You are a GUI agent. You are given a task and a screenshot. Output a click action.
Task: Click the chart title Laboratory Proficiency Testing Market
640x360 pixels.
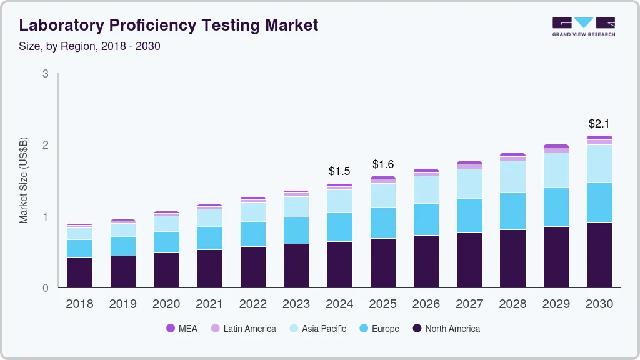[x=169, y=25]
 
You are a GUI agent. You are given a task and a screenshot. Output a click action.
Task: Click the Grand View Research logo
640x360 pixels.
[x=583, y=27]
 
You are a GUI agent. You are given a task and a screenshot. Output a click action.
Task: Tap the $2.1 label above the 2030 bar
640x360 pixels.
[x=599, y=124]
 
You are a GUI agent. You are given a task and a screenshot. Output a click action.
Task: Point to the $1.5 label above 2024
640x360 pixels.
[x=339, y=171]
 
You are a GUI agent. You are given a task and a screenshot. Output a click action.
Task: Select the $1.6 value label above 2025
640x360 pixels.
[x=383, y=164]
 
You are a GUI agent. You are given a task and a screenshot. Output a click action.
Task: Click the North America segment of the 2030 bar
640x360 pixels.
[x=599, y=255]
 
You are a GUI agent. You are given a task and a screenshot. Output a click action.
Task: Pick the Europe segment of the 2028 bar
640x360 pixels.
[x=512, y=211]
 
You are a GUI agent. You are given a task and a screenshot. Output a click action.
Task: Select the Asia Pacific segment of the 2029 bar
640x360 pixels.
[x=556, y=170]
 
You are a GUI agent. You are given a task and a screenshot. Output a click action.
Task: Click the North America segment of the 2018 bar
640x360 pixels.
[x=80, y=272]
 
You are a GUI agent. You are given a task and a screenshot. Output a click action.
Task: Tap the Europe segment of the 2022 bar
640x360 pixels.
[x=253, y=234]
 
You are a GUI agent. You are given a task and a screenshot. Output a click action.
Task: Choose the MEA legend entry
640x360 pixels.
[x=181, y=329]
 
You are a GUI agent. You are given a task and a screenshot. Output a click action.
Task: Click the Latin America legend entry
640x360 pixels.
[x=243, y=329]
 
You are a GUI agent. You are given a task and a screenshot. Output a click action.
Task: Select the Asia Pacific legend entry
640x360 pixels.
[x=317, y=329]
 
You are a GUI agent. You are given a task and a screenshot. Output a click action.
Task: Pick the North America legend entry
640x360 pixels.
[x=446, y=329]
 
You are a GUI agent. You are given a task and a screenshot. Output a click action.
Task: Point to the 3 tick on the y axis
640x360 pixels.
[x=45, y=74]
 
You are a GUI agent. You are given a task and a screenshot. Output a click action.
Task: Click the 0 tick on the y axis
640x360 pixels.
[x=45, y=288]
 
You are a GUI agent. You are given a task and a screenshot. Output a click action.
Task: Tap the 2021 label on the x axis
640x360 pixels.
[x=209, y=304]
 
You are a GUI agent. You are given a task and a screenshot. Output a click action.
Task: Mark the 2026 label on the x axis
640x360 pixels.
[x=426, y=304]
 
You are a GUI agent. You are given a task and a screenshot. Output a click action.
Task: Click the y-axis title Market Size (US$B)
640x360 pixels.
[x=24, y=181]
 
